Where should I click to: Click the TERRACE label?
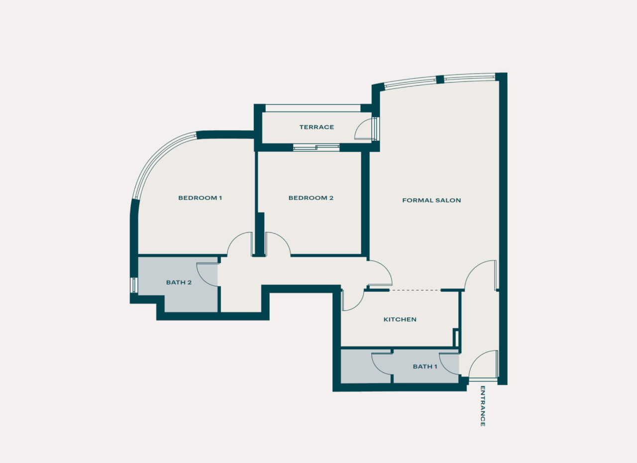[317, 127]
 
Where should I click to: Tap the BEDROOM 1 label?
[200, 198]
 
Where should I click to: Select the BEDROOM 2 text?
[311, 198]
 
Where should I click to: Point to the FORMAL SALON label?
[431, 200]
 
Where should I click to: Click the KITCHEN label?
[400, 319]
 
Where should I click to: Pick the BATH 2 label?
[179, 282]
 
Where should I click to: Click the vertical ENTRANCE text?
[482, 406]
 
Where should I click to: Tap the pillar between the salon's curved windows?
[440, 80]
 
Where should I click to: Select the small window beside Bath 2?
[133, 285]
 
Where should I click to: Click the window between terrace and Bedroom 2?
[316, 147]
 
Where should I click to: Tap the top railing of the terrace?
[313, 108]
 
